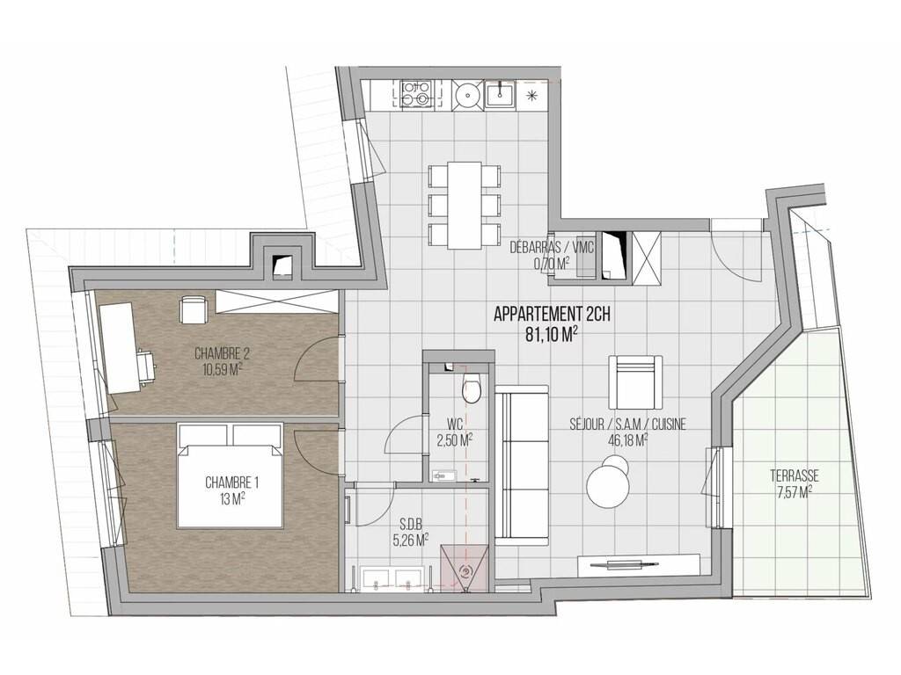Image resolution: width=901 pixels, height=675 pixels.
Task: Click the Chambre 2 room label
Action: tap(222, 352)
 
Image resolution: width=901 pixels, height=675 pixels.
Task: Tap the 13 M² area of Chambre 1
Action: tap(232, 497)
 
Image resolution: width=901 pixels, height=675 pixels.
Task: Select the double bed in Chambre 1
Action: tap(231, 475)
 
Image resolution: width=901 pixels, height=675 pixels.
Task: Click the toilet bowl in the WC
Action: tap(472, 388)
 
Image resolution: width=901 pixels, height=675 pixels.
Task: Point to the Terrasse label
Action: tap(795, 475)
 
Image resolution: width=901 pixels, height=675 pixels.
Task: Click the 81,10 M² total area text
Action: tap(552, 335)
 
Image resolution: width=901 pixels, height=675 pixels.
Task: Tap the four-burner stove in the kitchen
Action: tap(415, 93)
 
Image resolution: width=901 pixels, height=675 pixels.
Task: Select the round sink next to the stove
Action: tap(466, 93)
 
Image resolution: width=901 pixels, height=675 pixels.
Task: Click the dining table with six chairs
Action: tap(465, 205)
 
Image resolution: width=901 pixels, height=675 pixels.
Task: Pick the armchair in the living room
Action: tap(635, 381)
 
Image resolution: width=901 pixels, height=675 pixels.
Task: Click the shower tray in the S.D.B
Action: tap(465, 569)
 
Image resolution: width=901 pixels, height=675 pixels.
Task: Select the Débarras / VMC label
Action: tap(551, 248)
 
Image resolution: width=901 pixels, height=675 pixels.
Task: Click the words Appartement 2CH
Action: tap(552, 315)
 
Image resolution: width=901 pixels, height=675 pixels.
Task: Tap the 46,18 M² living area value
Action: tap(628, 439)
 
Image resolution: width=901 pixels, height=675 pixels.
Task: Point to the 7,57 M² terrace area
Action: tap(795, 491)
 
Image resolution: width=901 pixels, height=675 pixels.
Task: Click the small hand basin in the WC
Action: tap(443, 475)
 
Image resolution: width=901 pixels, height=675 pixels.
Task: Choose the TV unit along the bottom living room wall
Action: tap(639, 564)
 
